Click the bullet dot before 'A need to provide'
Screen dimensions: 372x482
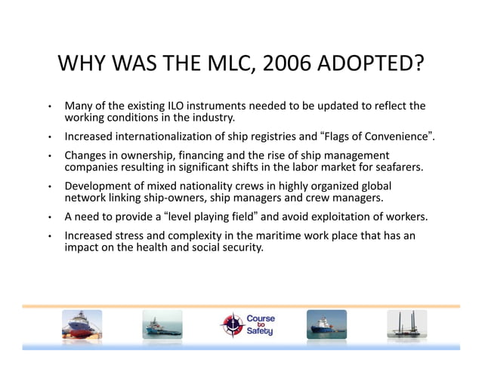coord(48,217)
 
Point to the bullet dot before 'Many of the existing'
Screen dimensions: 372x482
coord(48,106)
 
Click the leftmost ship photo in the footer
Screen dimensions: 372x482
coord(82,324)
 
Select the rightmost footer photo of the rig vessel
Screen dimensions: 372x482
coord(406,324)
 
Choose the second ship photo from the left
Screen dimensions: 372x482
coord(162,324)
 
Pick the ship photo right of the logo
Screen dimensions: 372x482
coord(326,324)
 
